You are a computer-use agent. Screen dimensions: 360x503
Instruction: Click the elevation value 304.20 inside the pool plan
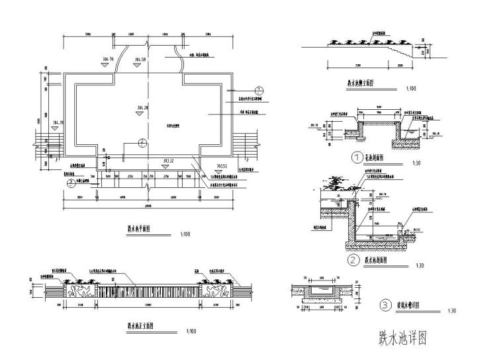pyautogui.click(x=142, y=106)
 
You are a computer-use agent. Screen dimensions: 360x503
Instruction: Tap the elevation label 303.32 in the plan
pyautogui.click(x=168, y=160)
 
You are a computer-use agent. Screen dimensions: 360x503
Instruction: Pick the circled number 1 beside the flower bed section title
pyautogui.click(x=358, y=158)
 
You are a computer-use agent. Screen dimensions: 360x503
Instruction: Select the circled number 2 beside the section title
pyautogui.click(x=354, y=260)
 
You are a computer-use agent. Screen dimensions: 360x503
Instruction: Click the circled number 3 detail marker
pyautogui.click(x=386, y=305)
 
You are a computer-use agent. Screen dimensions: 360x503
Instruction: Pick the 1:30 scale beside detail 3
pyautogui.click(x=452, y=310)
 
